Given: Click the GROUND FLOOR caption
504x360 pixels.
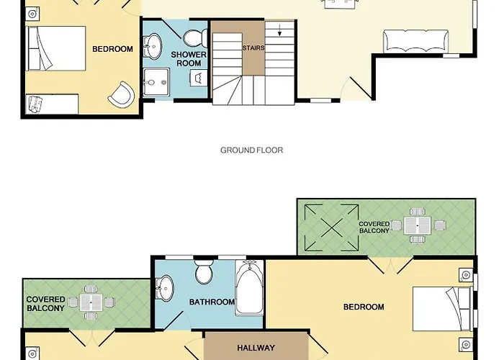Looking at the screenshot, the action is [252, 150].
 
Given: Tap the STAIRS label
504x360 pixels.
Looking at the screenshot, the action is [253, 48].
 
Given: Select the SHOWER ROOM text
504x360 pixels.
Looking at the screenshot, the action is [189, 59].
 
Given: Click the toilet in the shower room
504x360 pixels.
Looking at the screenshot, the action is [195, 37].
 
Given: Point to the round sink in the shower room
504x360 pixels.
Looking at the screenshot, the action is [152, 47].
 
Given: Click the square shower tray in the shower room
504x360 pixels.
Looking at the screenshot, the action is [156, 82].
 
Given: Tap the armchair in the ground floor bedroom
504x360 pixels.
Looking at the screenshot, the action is [122, 94].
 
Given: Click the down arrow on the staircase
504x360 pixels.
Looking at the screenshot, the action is [279, 30].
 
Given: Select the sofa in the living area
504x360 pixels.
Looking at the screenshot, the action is [416, 41].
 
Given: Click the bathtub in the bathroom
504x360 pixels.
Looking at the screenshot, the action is [249, 288].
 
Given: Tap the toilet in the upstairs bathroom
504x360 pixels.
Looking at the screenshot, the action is [204, 271].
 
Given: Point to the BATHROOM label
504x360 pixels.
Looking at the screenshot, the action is [212, 302].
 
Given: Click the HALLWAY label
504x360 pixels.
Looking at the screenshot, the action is [256, 348].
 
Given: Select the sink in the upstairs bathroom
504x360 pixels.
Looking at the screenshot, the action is [165, 288].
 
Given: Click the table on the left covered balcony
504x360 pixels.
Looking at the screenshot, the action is [91, 302].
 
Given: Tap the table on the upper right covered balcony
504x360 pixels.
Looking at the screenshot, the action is [418, 225].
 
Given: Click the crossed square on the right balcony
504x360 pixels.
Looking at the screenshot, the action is [331, 228].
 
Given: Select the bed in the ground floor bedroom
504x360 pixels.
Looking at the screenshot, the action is [57, 48].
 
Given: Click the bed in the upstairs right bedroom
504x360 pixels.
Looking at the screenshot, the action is [443, 309].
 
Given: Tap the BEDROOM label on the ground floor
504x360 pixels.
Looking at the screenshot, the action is [112, 49].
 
